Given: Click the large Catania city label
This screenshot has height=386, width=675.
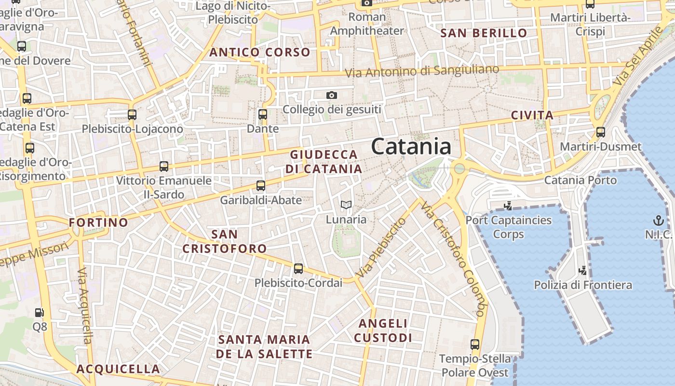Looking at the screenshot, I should (411, 147).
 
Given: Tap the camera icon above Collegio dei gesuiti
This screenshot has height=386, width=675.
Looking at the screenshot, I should (332, 95).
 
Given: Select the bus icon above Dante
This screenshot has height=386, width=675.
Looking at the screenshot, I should (263, 114).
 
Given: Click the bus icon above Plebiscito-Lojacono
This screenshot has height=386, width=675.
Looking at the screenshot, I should (132, 115).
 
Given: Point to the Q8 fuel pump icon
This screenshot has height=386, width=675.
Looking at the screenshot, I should (40, 313).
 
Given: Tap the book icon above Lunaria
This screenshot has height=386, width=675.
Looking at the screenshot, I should (346, 205).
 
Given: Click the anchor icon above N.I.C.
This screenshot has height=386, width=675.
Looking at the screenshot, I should (658, 221).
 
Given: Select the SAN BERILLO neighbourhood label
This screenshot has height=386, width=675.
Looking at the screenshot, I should (484, 33).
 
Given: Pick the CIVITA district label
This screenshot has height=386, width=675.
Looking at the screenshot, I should (532, 115).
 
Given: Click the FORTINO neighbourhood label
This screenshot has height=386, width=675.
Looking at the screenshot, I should (98, 222).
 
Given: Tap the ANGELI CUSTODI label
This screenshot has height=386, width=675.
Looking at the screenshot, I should (383, 331).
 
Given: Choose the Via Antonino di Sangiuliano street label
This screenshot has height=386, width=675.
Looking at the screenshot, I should (422, 71).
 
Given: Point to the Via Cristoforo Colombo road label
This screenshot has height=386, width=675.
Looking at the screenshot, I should (452, 259).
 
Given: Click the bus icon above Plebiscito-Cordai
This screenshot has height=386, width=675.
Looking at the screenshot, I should (298, 269).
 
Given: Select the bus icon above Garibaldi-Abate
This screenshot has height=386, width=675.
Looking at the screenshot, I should (261, 185).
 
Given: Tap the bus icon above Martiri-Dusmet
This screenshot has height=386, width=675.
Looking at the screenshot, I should (601, 132).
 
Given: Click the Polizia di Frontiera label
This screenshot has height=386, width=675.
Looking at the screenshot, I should (583, 285).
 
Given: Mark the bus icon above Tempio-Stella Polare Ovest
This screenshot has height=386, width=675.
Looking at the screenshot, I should (475, 345).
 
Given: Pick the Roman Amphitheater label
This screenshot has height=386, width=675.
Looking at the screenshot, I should (367, 24).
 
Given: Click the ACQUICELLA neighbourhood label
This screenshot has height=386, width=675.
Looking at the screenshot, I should (118, 369).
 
